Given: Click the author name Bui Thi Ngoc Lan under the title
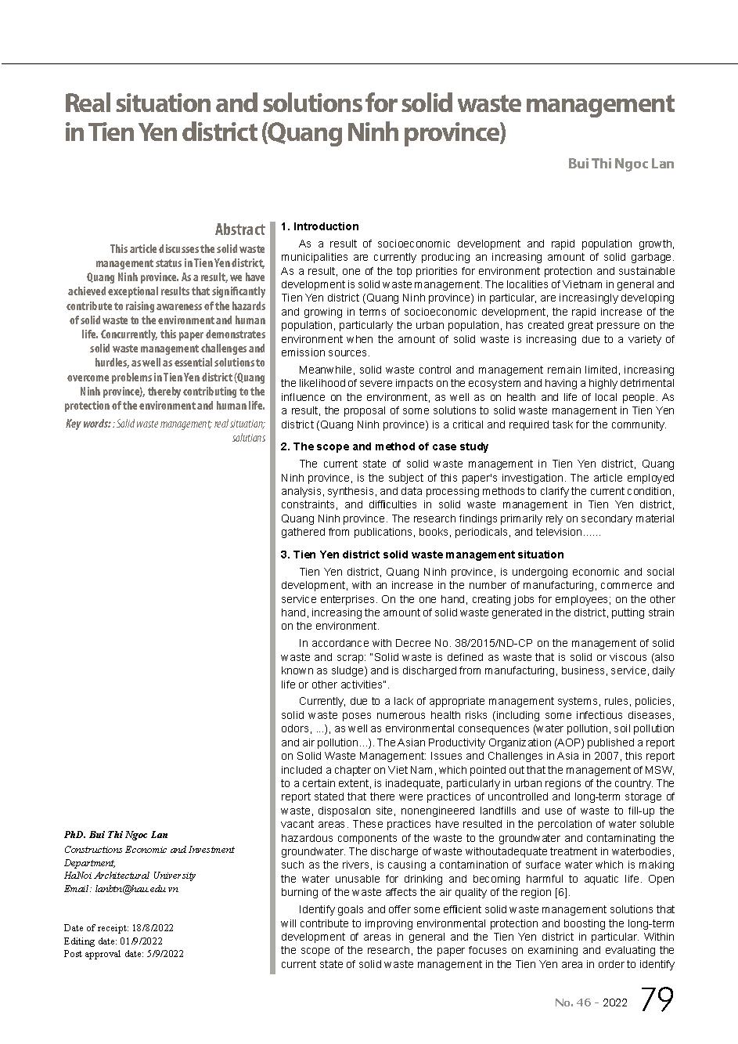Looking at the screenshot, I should tap(620, 164).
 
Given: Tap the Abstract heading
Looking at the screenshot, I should tap(239, 229).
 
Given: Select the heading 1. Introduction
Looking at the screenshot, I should tap(319, 226).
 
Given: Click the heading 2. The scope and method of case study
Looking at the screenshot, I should tap(384, 446).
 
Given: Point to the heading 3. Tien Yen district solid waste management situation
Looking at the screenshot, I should tap(422, 555).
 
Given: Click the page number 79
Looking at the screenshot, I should tap(657, 999).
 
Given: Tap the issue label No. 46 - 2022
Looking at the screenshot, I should tap(590, 1002).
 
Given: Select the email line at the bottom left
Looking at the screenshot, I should tap(121, 889).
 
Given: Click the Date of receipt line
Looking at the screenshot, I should tap(119, 927).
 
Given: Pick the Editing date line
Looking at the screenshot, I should tap(113, 941).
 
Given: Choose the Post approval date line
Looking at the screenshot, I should tap(124, 954).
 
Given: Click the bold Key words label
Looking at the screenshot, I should tap(88, 424).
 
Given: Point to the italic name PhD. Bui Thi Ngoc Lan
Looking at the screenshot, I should tap(116, 835).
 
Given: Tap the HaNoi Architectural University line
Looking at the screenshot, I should tap(130, 876).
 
